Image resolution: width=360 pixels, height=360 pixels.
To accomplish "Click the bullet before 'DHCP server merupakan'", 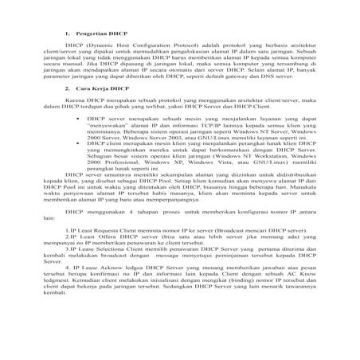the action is point(76,119).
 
